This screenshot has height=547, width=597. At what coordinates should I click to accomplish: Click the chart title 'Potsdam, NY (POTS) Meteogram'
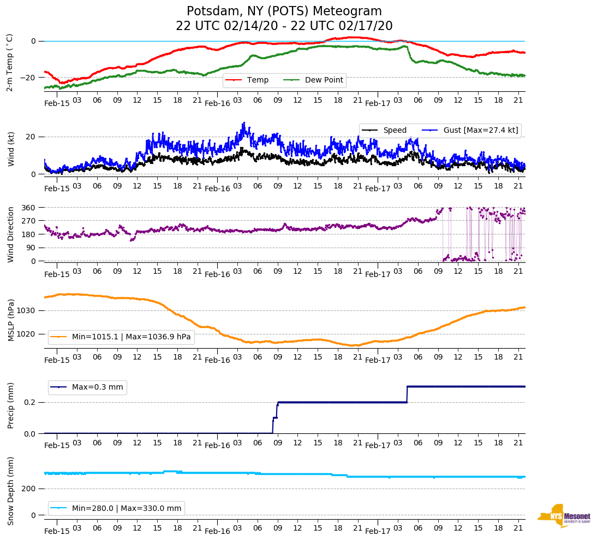[284, 11]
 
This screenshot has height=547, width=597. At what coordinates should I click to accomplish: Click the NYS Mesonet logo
[564, 516]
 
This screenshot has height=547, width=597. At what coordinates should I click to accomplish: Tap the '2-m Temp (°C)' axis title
[10, 62]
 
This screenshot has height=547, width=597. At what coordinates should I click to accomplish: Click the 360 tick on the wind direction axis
[29, 208]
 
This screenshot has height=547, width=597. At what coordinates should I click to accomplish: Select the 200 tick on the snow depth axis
[29, 489]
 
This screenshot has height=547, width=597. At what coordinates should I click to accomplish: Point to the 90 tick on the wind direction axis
[31, 248]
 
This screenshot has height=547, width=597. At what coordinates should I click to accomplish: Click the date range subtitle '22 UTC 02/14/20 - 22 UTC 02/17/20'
[284, 26]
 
